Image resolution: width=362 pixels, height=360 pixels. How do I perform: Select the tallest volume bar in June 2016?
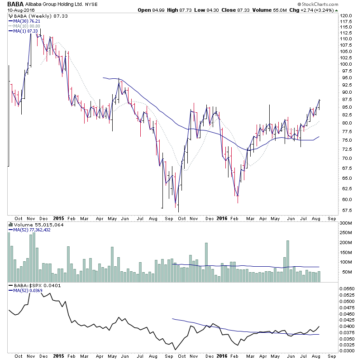coord(287,261)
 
